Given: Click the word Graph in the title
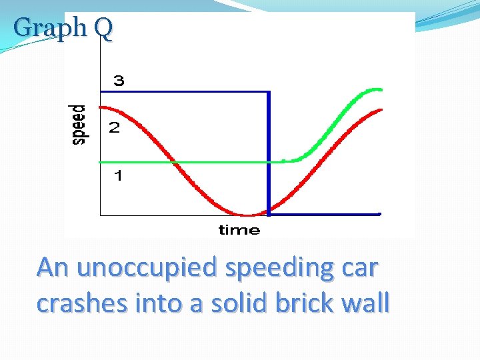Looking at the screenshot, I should click(50, 28).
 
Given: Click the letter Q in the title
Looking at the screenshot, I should click(103, 28).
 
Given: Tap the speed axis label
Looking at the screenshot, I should click(79, 124).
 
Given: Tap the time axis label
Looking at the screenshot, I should click(239, 231).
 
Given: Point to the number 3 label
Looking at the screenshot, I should click(118, 81).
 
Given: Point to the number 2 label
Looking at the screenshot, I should click(115, 128).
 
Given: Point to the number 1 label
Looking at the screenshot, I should click(117, 176).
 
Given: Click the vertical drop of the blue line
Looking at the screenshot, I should click(268, 153).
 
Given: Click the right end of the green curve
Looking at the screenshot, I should click(381, 89).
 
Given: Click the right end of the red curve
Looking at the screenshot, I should click(381, 109).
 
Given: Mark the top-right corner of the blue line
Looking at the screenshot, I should click(268, 91).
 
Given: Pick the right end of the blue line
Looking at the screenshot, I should click(379, 214).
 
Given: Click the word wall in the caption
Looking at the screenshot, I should click(365, 303).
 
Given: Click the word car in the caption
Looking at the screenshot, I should click(361, 268).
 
